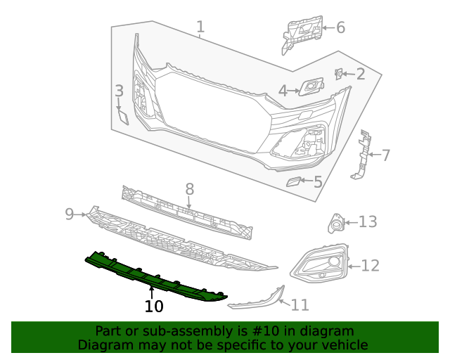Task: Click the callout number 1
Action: pos(200,27)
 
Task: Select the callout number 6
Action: pos(340,27)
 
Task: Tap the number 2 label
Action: pos(360,74)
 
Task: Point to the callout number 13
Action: pos(368,222)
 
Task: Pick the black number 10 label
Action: pos(154,307)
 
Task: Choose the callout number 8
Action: pos(189,188)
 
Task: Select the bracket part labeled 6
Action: pos(303,32)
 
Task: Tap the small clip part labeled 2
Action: pos(338,73)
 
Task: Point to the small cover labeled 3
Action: pos(122,115)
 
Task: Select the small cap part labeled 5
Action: pos(292,182)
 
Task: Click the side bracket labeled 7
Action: pos(363,155)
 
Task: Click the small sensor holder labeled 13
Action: pos(336,224)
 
